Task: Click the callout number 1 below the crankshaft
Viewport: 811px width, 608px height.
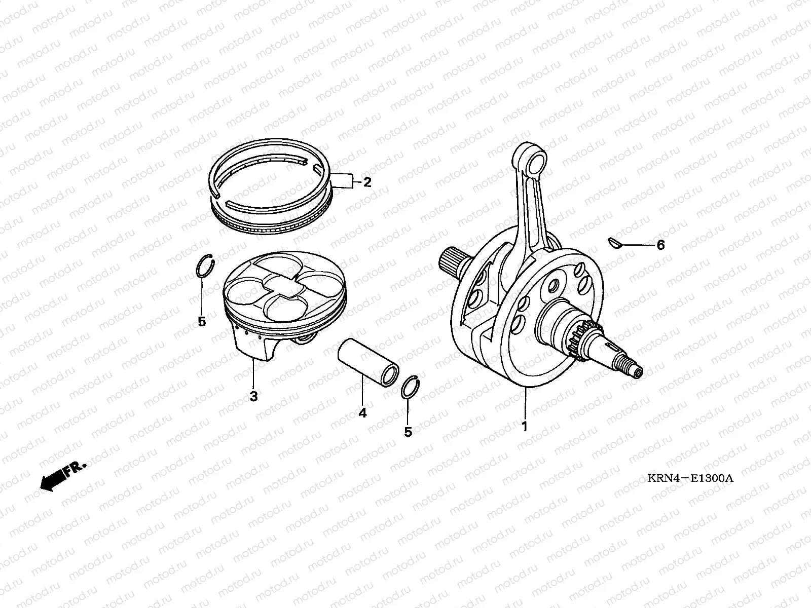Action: point(525,427)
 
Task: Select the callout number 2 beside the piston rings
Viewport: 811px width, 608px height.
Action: point(367,182)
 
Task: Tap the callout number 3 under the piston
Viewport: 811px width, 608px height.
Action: point(253,397)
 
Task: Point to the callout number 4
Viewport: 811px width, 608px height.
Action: point(362,413)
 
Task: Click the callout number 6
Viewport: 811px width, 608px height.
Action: point(660,245)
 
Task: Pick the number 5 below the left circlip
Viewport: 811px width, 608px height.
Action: point(202,322)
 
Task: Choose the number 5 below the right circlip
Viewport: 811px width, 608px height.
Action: point(408,432)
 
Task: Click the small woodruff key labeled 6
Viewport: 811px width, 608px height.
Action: point(615,244)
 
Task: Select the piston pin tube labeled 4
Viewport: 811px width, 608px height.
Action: point(368,362)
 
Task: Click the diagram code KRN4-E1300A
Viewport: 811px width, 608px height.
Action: point(690,478)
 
